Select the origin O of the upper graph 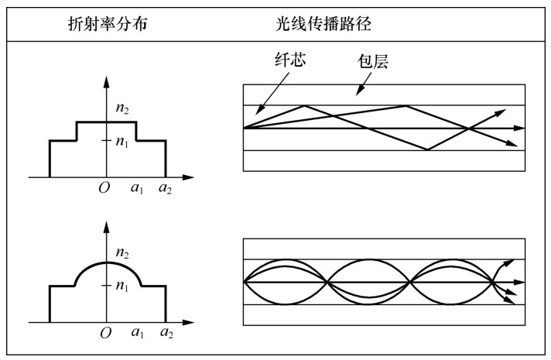tap(104, 188)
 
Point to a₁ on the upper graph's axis tap(138, 188)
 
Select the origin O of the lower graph tap(104, 333)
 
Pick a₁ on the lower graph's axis tap(138, 333)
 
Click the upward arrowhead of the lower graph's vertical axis tap(107, 226)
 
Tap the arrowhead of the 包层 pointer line tap(358, 94)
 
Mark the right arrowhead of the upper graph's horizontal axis tap(190, 177)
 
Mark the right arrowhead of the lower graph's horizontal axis tap(190, 321)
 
